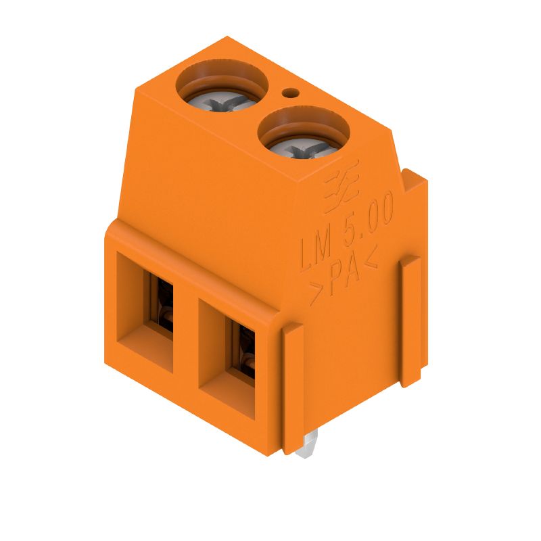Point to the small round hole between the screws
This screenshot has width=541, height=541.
click(291, 93)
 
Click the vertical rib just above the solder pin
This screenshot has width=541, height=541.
click(291, 385)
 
